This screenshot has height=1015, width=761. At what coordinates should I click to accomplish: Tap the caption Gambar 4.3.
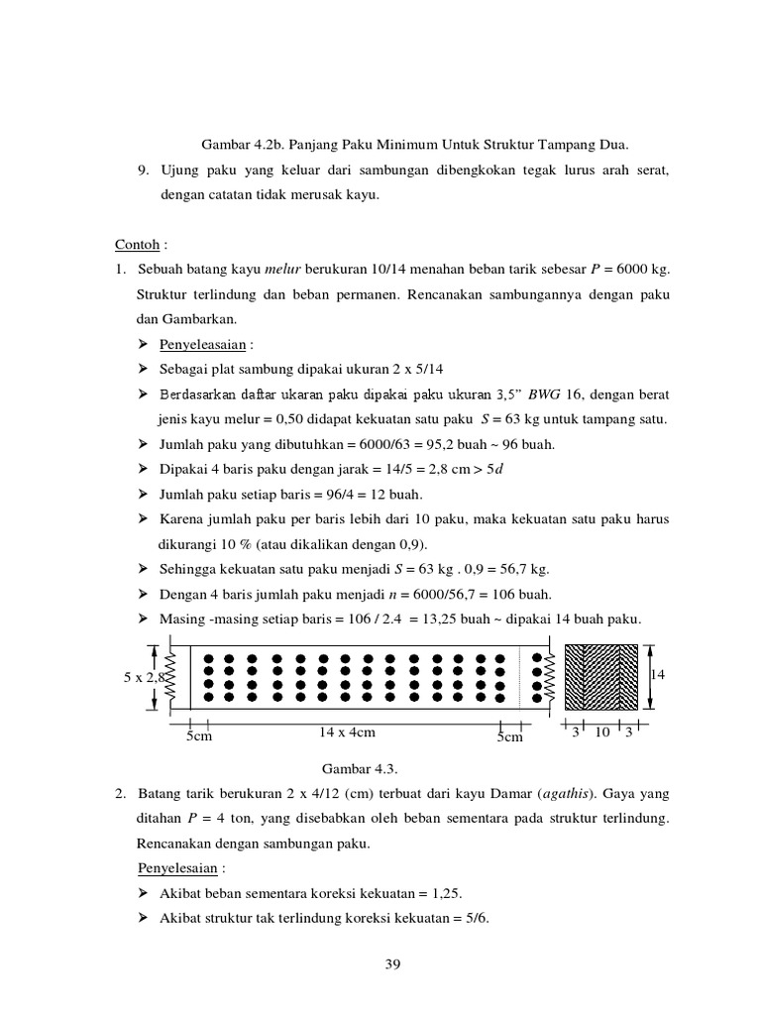point(352,768)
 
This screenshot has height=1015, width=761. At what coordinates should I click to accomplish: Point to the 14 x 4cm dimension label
point(347,733)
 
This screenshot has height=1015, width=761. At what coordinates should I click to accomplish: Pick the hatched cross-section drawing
point(601,676)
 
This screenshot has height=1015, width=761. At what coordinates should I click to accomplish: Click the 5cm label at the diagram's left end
point(200,736)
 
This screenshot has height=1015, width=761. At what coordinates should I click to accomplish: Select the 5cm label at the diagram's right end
point(509,736)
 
